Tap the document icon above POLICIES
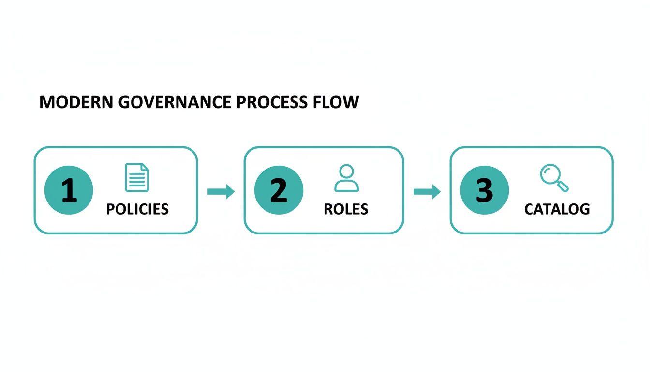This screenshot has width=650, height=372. pyautogui.click(x=137, y=177)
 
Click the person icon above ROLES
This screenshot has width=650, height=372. pyautogui.click(x=346, y=178)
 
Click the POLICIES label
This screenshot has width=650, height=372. pyautogui.click(x=137, y=209)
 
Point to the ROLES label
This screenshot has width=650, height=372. pyautogui.click(x=346, y=209)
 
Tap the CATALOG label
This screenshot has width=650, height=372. pyautogui.click(x=557, y=209)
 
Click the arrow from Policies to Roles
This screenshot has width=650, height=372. pyautogui.click(x=221, y=192)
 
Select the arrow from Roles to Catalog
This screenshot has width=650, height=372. pyautogui.click(x=427, y=192)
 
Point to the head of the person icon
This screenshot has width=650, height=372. pyautogui.click(x=346, y=171)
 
